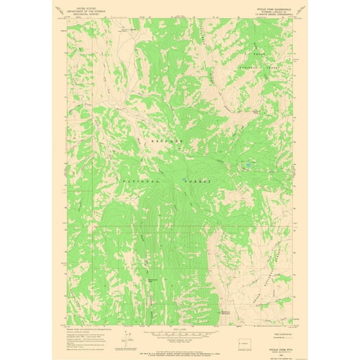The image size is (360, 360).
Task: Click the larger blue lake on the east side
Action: [249, 165]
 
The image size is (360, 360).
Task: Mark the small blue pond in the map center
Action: [183, 180]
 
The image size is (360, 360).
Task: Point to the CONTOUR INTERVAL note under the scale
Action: [179, 339]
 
